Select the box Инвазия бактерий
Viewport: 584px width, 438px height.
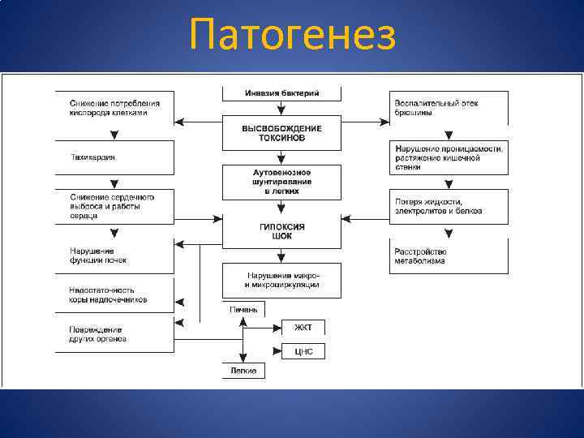click(x=281, y=93)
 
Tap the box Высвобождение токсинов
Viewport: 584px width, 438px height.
click(x=281, y=133)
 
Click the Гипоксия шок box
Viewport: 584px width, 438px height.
click(x=281, y=230)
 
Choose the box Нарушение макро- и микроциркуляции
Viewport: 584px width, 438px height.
click(x=281, y=280)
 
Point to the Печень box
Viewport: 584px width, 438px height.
click(x=243, y=309)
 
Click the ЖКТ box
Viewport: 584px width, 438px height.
click(x=303, y=328)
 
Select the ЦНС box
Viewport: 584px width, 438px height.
click(x=303, y=352)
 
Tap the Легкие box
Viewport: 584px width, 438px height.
click(x=243, y=371)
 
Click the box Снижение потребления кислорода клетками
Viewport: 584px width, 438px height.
click(x=114, y=108)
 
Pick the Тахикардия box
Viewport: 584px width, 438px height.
click(x=114, y=157)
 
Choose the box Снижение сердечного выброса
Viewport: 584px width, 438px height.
click(x=114, y=207)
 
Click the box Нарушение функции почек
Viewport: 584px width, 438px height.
click(x=114, y=255)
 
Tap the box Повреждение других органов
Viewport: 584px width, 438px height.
click(x=114, y=334)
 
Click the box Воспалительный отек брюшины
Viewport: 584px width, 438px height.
click(x=449, y=108)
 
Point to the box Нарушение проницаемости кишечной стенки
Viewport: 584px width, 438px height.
click(x=449, y=157)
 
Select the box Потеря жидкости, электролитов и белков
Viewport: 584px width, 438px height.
click(x=449, y=207)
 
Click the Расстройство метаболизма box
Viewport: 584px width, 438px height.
click(x=449, y=255)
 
